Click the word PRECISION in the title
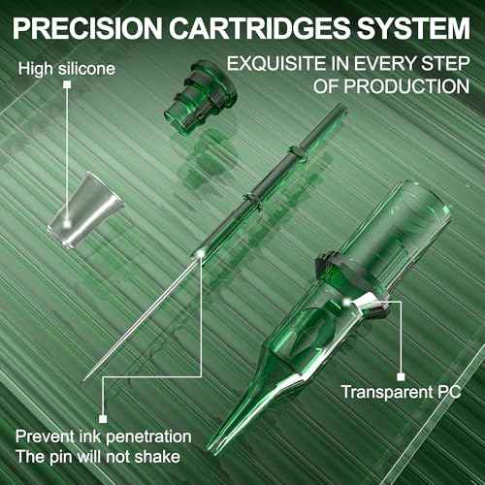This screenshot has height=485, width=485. point(87,28)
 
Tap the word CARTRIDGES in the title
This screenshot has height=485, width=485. point(260,28)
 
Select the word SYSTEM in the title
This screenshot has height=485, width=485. point(414,28)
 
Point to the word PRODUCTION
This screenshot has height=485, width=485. point(406,86)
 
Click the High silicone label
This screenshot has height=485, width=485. point(67,69)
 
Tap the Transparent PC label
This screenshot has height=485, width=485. point(401,393)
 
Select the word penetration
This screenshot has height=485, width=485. point(148,437)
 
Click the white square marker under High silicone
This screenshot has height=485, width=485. point(67,84)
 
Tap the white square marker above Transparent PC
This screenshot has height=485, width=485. point(401,377)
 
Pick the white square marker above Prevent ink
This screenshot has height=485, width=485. point(103,419)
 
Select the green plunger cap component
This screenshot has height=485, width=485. point(200,96)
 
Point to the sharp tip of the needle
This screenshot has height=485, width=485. point(84,379)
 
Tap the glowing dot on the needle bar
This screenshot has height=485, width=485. point(201,252)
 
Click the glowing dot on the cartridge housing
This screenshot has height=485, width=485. point(347,302)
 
